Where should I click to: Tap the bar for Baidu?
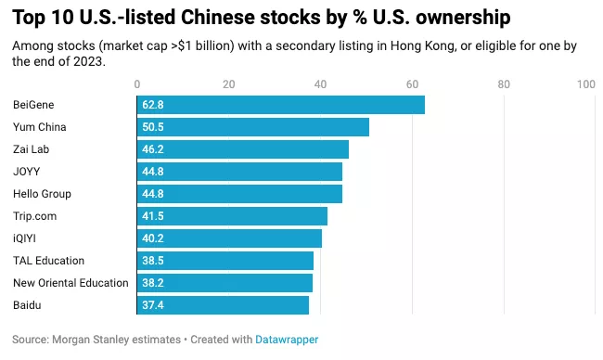click(223, 305)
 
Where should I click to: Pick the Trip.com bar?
click(232, 216)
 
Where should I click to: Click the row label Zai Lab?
click(32, 149)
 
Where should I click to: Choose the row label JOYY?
click(26, 172)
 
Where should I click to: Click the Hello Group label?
click(42, 194)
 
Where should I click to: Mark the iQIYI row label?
click(26, 238)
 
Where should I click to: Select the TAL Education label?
click(48, 261)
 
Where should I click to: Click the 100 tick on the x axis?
click(585, 84)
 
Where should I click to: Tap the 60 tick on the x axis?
click(412, 84)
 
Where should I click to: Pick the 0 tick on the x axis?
click(137, 84)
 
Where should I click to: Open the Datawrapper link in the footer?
click(287, 340)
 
